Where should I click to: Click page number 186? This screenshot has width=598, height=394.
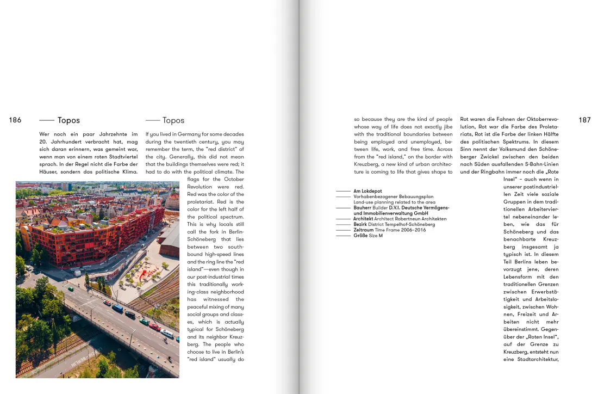15,120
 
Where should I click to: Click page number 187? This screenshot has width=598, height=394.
584,120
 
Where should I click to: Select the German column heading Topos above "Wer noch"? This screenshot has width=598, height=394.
68,120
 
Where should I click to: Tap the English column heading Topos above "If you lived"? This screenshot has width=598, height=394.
173,120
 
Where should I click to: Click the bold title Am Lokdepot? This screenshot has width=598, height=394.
367,192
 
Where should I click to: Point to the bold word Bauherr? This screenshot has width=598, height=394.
362,208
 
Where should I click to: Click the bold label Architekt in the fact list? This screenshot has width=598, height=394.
364,219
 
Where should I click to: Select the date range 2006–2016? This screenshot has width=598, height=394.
413,230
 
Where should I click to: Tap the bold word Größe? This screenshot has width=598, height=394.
360,235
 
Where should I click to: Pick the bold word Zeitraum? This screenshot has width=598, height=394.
364,230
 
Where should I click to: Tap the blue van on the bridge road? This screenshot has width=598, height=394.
117,307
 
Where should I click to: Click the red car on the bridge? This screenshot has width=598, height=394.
155,327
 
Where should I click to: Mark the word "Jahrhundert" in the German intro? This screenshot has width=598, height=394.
67,141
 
